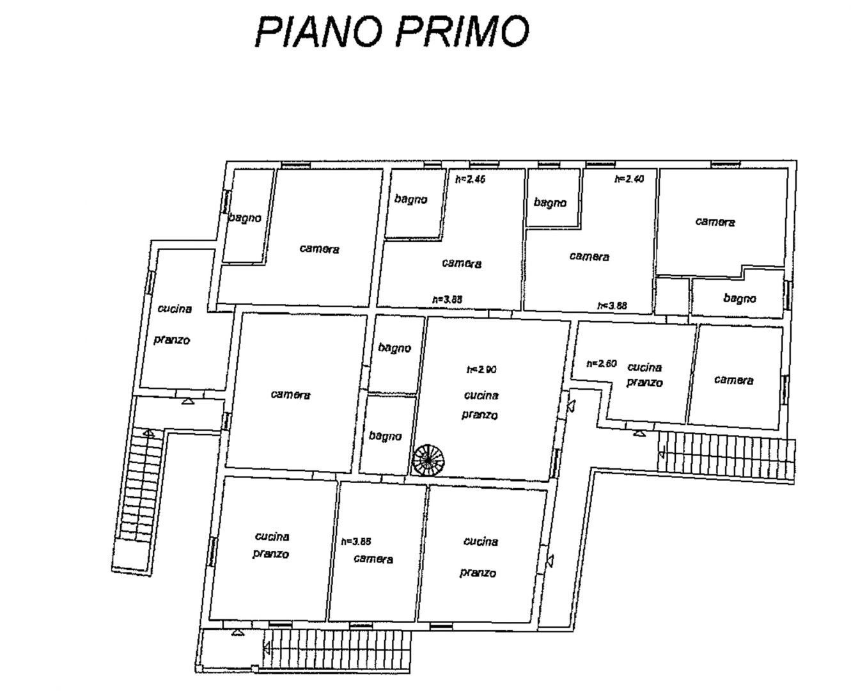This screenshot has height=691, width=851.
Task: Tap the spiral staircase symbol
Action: click(428, 459)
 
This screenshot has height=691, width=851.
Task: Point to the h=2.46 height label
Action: click(470, 180)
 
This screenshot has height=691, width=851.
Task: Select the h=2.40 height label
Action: click(629, 180)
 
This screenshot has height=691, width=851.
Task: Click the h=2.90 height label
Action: click(481, 370)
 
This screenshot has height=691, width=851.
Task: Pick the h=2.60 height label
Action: click(601, 364)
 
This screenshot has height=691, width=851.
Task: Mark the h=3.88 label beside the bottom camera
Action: click(356, 541)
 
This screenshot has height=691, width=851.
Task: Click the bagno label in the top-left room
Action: click(245, 218)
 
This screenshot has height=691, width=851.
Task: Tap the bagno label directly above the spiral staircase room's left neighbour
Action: click(394, 348)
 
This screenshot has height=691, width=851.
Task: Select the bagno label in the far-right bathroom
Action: click(740, 298)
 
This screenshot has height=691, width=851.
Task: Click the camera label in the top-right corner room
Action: click(715, 222)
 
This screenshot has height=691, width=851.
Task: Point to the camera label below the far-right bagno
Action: click(733, 380)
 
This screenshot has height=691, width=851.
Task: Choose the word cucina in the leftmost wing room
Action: click(175, 309)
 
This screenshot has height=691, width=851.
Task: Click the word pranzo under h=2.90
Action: click(480, 415)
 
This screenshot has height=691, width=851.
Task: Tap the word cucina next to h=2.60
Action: click(644, 367)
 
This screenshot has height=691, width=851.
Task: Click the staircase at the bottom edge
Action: click(337, 650)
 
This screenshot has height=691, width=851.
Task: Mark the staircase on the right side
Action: click(726, 454)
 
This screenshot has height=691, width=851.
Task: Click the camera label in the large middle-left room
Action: click(290, 395)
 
